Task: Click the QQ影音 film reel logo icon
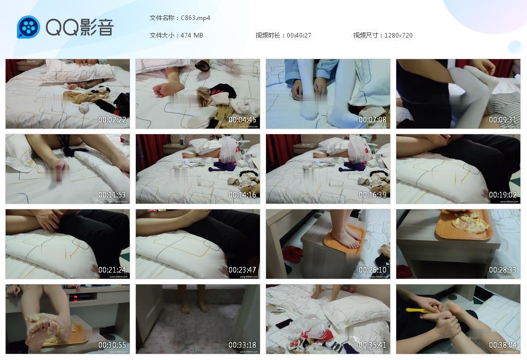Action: click(28, 27)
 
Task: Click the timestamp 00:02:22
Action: click(112, 120)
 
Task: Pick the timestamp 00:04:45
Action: click(242, 120)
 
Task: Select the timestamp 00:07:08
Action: click(373, 120)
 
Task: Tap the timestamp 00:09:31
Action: click(503, 120)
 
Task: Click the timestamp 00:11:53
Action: click(112, 195)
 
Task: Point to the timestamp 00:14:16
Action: click(242, 195)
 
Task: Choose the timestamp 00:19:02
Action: click(503, 195)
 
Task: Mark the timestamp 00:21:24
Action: click(112, 270)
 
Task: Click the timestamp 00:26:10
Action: click(373, 270)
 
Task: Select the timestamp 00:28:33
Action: click(503, 270)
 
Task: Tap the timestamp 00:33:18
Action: click(242, 345)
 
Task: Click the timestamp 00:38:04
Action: click(503, 345)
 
